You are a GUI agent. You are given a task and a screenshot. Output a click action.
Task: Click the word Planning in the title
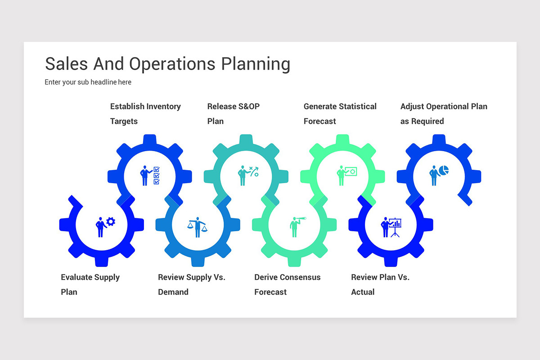coord(255,64)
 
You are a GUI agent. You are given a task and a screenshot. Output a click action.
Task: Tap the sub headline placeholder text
coord(88,82)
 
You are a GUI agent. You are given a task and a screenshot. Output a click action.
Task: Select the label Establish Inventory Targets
coord(145,114)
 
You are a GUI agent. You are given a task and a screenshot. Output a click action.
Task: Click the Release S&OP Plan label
coord(233,114)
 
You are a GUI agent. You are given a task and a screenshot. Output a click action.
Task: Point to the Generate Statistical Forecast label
coord(340,114)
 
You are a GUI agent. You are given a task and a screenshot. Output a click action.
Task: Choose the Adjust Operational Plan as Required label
coord(444,114)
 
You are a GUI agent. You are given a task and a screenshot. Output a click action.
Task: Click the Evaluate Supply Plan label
coord(90,284)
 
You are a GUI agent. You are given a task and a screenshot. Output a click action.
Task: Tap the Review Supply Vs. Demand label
coord(191,284)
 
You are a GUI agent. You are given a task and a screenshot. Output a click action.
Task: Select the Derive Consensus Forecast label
coord(287,284)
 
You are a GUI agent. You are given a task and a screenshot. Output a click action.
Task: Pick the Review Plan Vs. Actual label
coord(380,284)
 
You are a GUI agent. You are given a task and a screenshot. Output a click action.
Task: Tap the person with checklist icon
coord(150,175)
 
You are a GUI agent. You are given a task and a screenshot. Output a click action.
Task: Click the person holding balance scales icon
coord(198,227)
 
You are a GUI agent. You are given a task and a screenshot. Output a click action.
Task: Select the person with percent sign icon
coord(248,175)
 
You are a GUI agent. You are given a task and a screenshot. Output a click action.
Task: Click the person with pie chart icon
coord(439,175)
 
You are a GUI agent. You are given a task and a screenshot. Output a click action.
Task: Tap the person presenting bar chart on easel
coord(391,227)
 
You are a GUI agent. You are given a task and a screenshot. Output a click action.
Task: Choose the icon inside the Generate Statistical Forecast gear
coord(346,175)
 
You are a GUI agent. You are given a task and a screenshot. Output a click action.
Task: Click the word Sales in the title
coord(67,64)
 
